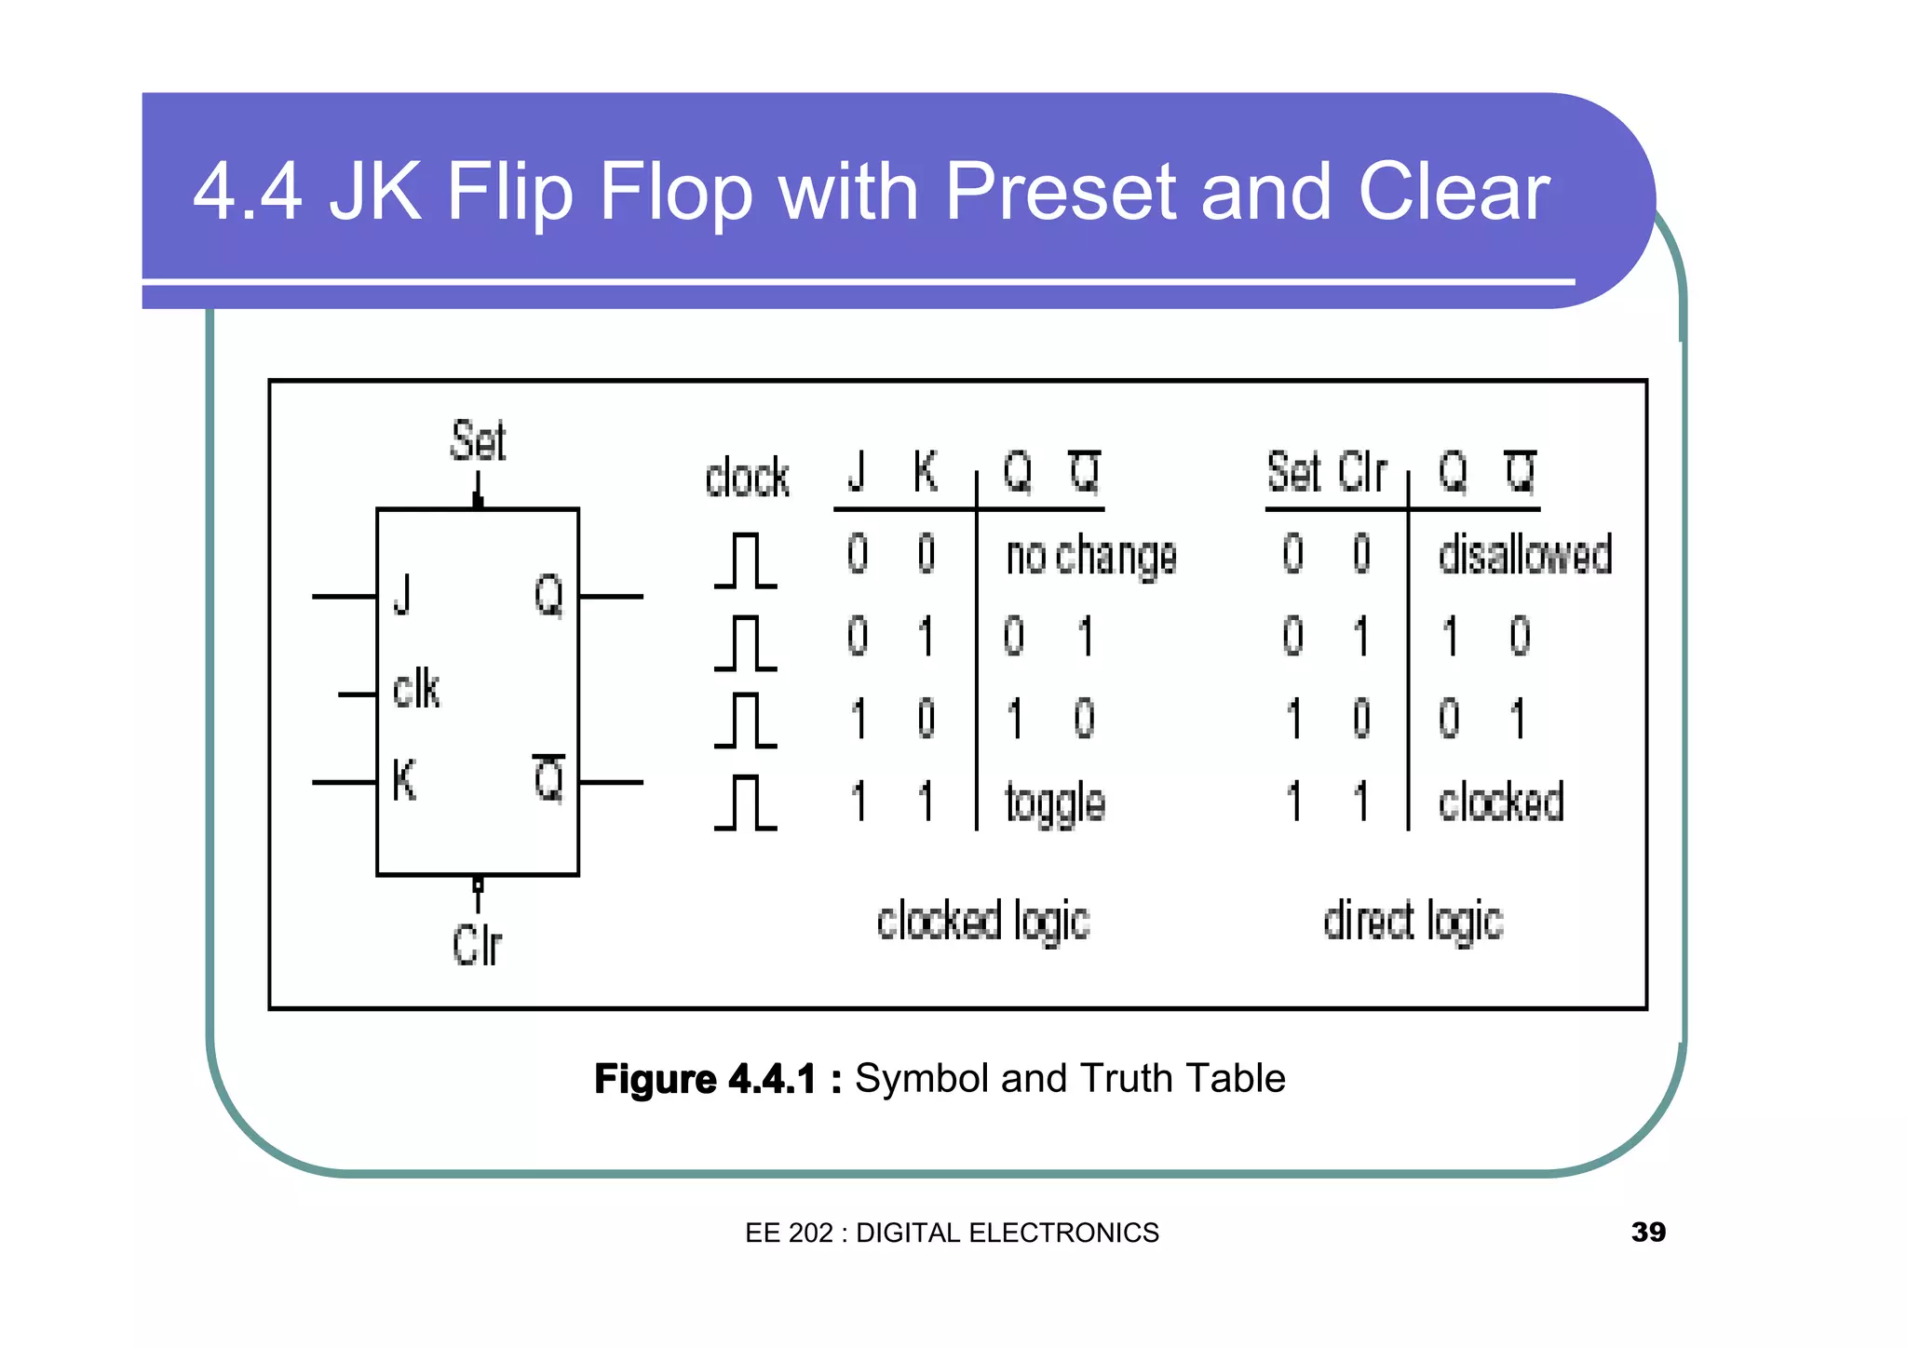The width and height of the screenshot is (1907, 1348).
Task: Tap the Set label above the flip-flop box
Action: (x=478, y=441)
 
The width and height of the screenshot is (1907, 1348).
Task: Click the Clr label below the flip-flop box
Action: (x=477, y=946)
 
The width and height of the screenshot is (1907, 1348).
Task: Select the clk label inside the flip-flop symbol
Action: (x=415, y=690)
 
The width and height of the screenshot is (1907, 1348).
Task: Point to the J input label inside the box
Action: (x=402, y=595)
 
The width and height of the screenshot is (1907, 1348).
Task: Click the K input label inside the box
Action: (x=404, y=780)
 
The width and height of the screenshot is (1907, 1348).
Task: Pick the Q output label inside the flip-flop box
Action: (x=548, y=595)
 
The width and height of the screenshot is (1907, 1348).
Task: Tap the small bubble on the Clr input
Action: (x=478, y=884)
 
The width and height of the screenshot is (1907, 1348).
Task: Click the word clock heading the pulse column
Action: (x=747, y=479)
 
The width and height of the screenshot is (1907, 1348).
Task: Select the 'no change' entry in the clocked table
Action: (x=1091, y=557)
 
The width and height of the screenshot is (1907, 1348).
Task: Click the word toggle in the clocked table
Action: (x=1055, y=803)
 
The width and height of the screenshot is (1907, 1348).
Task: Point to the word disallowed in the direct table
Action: (x=1524, y=555)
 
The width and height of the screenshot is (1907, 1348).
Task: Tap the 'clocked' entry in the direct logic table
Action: (x=1500, y=802)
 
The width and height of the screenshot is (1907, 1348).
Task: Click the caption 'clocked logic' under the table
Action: (x=983, y=922)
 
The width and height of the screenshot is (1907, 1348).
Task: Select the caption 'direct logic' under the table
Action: (x=1413, y=922)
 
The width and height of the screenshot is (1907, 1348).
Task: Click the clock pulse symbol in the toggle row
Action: (x=746, y=802)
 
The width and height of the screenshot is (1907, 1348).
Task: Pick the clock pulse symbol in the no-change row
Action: (x=746, y=560)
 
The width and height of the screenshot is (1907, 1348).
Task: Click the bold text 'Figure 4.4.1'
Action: (x=705, y=1079)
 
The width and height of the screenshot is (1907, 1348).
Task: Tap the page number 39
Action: (x=1648, y=1233)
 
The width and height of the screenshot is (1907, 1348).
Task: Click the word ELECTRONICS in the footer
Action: (x=1063, y=1233)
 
